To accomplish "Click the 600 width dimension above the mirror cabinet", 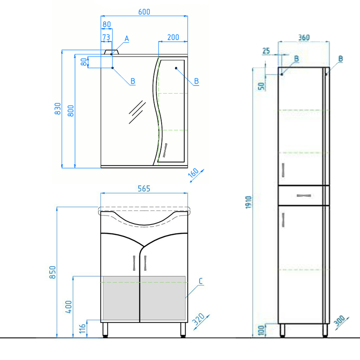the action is click(x=144, y=12).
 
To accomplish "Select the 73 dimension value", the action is click(x=106, y=37).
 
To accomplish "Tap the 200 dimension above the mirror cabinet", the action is click(x=173, y=37).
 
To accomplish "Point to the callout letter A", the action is click(x=127, y=39).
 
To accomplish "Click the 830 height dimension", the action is click(x=58, y=108).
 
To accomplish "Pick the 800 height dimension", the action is click(x=71, y=111).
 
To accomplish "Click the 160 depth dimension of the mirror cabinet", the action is click(x=193, y=173).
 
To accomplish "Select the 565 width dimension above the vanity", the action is click(x=144, y=189).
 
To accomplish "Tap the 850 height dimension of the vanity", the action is click(x=53, y=272).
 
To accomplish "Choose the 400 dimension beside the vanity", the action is click(x=69, y=307).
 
